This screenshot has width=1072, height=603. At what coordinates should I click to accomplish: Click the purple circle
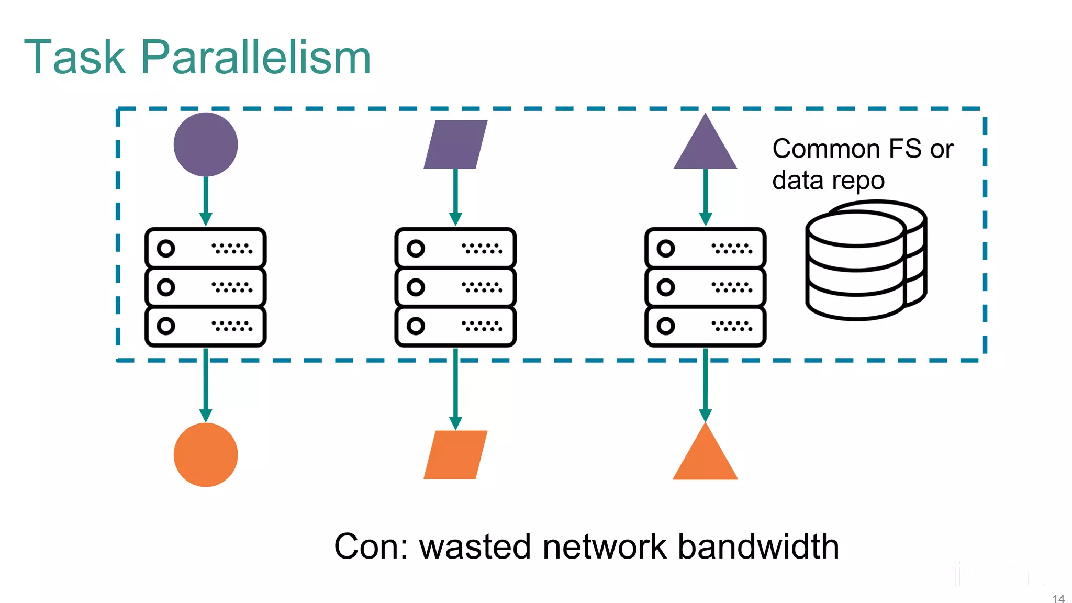[206, 144]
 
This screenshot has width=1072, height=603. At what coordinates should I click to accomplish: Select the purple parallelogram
[455, 144]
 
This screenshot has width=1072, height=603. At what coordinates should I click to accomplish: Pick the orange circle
[206, 454]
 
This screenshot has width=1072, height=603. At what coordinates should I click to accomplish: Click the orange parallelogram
[455, 454]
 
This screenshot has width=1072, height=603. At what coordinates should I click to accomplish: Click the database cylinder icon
[865, 260]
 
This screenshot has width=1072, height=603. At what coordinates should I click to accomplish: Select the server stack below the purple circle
[206, 287]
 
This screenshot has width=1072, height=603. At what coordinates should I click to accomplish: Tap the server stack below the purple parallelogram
[455, 287]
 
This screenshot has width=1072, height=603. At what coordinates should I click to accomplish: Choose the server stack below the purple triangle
[705, 287]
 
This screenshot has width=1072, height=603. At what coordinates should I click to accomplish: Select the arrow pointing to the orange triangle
[705, 385]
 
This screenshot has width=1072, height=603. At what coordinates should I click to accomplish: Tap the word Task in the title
[75, 58]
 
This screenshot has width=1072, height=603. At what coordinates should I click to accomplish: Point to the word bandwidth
[758, 546]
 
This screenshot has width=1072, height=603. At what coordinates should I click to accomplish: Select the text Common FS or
[863, 149]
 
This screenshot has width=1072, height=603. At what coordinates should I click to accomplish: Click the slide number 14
[1058, 598]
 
